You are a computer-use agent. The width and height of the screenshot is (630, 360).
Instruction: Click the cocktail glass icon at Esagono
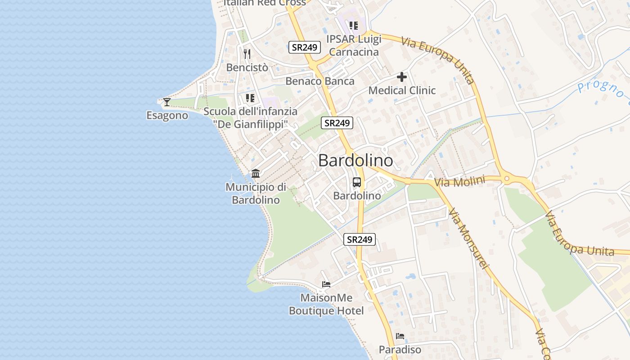167,102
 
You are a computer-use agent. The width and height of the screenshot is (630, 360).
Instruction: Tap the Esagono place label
167,116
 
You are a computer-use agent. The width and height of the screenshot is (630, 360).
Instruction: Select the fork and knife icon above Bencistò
247,54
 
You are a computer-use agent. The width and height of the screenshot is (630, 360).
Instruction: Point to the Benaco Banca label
320,81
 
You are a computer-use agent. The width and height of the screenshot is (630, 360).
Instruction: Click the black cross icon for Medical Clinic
402,77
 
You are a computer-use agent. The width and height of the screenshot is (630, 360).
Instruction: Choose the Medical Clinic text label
402,90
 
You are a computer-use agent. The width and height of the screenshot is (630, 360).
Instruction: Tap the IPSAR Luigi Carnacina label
355,45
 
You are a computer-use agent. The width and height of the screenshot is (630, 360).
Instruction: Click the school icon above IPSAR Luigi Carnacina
354,26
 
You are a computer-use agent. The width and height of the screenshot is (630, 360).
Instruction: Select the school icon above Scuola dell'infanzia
250,98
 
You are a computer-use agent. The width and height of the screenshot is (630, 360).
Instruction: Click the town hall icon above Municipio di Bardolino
256,173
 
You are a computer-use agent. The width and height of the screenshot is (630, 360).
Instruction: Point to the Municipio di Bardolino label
256,193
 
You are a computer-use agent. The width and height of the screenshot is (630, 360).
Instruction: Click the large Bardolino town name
355,161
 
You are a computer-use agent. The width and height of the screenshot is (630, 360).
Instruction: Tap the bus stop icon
357,182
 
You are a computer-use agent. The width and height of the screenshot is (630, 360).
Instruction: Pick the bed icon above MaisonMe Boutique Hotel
326,284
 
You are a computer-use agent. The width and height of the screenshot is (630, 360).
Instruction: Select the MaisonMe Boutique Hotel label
326,304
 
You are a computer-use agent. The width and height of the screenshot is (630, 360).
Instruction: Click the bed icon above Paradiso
400,336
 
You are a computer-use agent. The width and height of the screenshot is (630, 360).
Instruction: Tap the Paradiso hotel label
400,350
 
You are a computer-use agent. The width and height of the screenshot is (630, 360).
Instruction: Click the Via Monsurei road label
468,238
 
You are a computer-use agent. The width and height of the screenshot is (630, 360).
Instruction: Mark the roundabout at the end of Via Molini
507,179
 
